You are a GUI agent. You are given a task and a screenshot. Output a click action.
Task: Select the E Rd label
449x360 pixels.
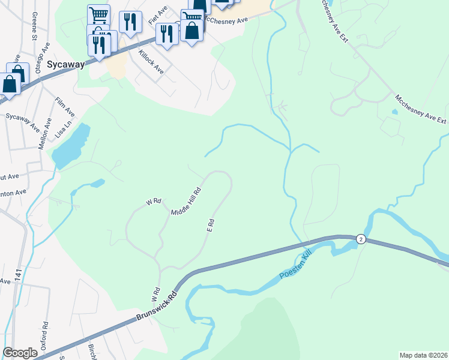point(210,226)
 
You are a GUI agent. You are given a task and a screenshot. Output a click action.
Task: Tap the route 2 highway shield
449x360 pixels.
point(360,239)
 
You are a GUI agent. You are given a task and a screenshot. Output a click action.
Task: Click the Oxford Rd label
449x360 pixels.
point(44,334)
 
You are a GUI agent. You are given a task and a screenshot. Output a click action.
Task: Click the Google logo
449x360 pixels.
point(20,353)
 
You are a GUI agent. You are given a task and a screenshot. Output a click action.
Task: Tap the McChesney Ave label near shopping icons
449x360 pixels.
point(226,20)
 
